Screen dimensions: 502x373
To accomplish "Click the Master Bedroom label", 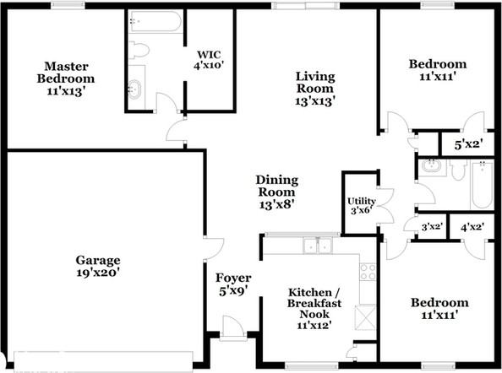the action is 66,78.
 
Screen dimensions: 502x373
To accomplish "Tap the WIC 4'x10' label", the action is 209,60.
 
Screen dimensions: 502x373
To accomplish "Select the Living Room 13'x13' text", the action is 315,89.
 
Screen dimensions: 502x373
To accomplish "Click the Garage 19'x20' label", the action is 98,266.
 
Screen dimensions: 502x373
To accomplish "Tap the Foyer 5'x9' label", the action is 233,284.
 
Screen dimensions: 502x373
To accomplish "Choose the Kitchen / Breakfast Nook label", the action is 314,308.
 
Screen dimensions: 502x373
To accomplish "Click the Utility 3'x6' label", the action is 362,206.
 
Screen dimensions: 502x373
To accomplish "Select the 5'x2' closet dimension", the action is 468,144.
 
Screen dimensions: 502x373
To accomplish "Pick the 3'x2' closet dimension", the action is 432,227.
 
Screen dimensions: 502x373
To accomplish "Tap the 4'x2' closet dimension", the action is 472,227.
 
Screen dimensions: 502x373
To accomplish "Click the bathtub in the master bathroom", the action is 156,21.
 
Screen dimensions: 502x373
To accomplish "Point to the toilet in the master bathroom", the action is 139,50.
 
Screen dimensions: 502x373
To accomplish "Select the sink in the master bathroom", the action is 134,89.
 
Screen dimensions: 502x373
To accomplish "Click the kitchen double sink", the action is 318,246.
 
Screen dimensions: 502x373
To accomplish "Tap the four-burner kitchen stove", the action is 368,272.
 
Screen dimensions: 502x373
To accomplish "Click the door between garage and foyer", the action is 213,249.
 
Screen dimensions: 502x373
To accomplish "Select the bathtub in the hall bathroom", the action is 483,185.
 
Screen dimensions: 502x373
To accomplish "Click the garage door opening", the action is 103,361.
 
